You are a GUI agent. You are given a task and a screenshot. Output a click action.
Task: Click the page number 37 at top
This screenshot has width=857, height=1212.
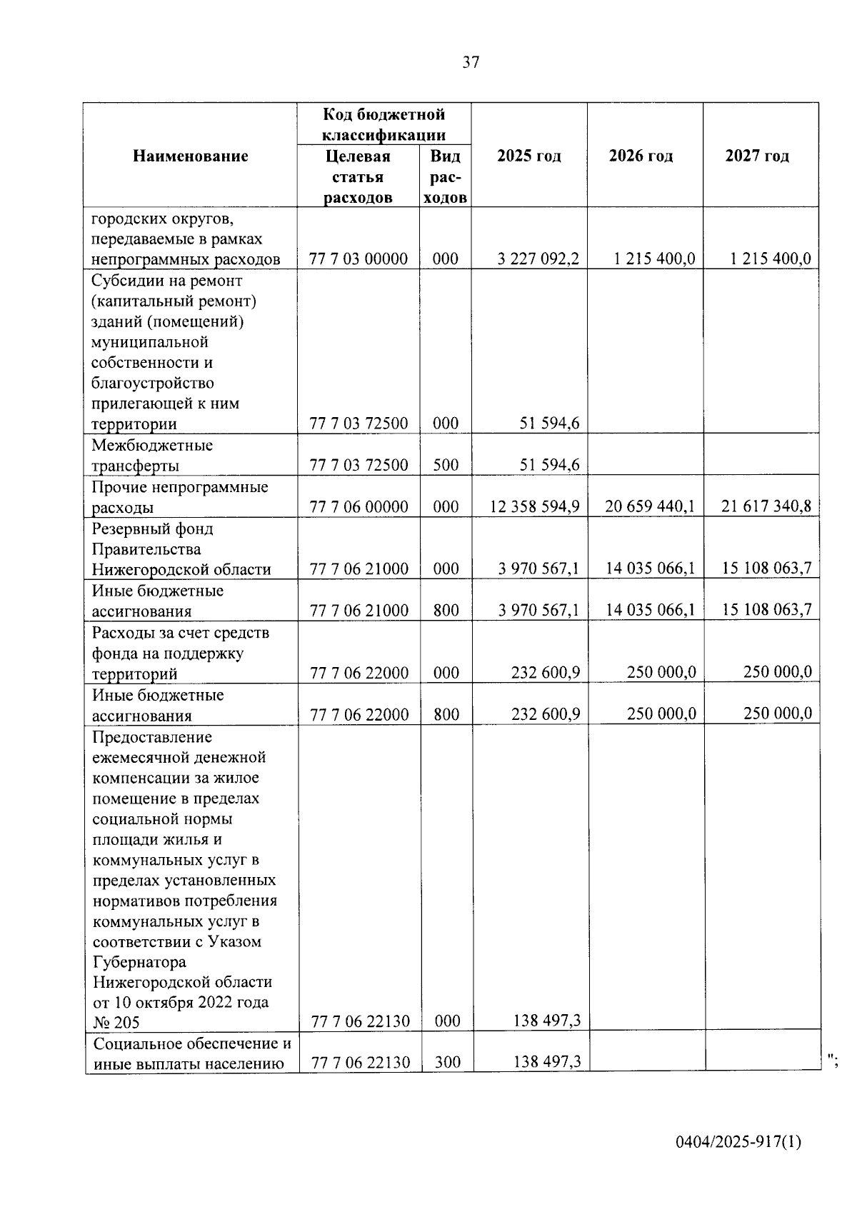tap(471, 62)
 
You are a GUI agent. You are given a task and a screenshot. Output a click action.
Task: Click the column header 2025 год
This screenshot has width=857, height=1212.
tap(529, 156)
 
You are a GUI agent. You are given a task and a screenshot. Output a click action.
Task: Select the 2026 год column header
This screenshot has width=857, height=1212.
tap(641, 156)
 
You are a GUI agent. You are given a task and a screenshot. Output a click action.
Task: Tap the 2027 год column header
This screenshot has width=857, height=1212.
tap(757, 156)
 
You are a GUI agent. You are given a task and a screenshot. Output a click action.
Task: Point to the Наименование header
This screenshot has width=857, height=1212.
tap(191, 156)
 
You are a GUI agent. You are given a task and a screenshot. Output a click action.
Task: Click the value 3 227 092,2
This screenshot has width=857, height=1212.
tap(538, 259)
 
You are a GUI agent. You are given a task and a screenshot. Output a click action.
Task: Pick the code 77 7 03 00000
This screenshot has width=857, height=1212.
tap(359, 259)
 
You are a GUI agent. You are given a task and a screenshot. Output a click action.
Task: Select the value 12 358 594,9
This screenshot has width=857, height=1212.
tap(534, 507)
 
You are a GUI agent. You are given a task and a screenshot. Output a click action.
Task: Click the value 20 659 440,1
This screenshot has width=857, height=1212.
tap(650, 507)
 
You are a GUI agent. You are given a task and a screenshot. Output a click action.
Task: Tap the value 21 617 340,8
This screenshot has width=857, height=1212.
tap(766, 507)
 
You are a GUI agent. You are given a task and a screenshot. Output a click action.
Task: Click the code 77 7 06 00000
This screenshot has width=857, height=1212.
tap(359, 507)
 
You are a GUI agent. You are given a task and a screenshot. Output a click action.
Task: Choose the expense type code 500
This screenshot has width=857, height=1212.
tap(446, 466)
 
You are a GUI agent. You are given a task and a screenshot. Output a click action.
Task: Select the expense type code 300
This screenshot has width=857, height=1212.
tap(447, 1063)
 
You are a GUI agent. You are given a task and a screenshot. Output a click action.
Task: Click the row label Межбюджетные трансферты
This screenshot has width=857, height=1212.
tap(152, 456)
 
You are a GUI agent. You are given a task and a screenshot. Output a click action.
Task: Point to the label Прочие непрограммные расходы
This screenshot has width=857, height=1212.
tap(180, 497)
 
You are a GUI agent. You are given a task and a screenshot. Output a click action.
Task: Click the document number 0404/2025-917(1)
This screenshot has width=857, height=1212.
tap(738, 1142)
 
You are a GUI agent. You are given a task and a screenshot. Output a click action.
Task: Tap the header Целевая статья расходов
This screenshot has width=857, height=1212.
tap(358, 176)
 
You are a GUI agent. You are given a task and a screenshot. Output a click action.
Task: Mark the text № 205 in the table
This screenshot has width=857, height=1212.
tap(116, 1022)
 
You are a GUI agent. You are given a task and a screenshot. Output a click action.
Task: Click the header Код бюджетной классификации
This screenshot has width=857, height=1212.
tap(384, 124)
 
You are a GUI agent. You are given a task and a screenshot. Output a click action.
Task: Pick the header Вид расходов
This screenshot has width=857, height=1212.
tap(446, 176)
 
